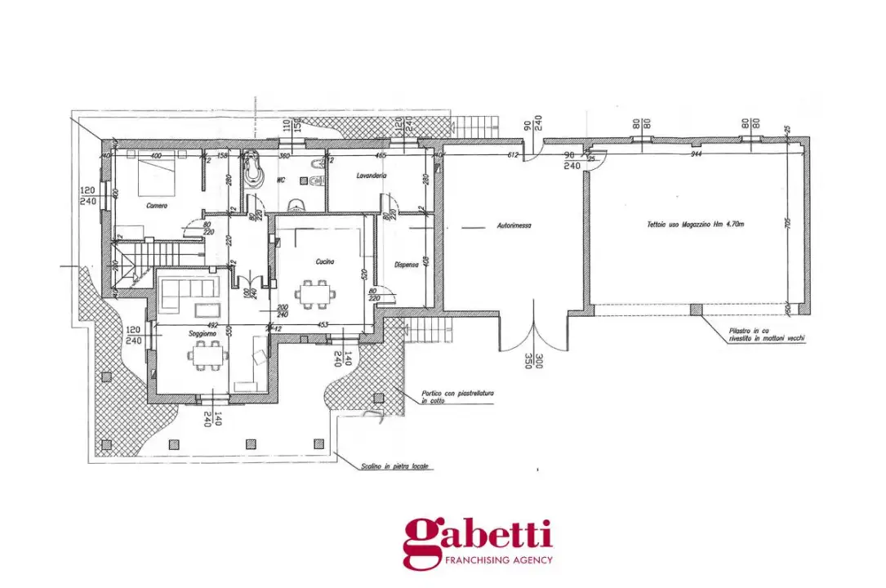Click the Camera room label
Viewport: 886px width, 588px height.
pos(157,206)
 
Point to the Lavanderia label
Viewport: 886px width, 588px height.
pos(372,176)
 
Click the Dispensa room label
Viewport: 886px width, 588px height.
pos(406,264)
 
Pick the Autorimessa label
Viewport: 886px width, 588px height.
pos(514,225)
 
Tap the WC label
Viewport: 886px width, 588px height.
pos(281,180)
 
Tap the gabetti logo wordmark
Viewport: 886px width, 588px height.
pos(477,537)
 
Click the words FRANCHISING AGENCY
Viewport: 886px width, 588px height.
pos(498,560)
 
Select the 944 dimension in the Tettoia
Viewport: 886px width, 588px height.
pos(696,154)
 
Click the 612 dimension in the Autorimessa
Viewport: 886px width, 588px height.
pos(513,154)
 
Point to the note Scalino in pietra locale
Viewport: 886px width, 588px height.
pos(395,467)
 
